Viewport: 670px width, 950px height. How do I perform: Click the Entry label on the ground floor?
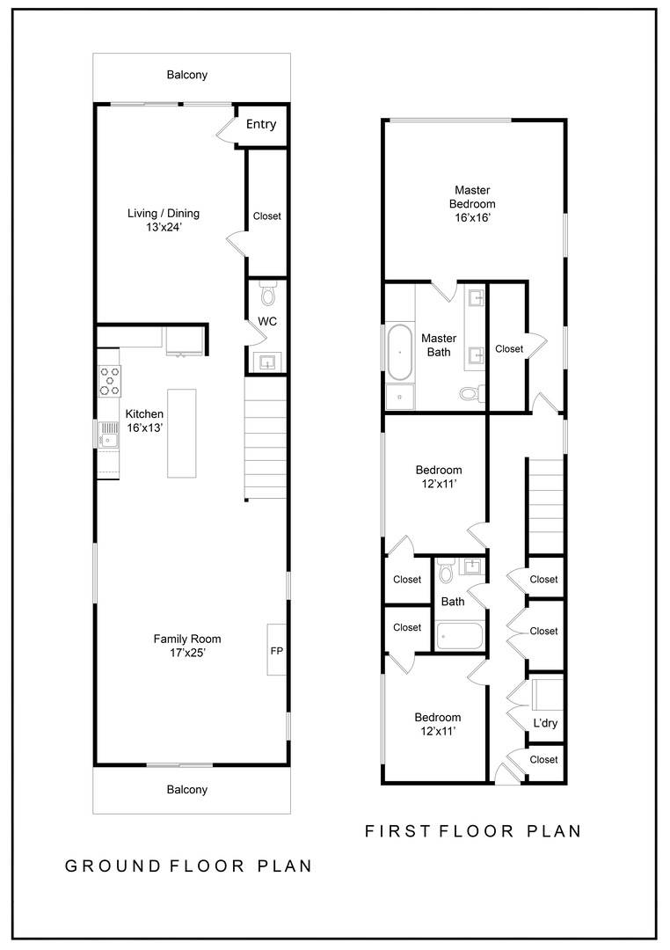[260, 124]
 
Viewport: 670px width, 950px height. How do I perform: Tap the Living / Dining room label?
[164, 213]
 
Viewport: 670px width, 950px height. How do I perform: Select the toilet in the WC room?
[267, 293]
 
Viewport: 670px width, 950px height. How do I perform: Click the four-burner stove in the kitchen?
[109, 381]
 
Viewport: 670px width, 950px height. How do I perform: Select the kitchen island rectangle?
[182, 433]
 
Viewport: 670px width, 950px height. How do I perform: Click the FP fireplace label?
[276, 651]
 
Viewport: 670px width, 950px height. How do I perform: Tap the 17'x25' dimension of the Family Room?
[187, 653]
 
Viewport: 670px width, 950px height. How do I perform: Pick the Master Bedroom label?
[472, 196]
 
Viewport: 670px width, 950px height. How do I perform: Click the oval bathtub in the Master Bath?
[400, 352]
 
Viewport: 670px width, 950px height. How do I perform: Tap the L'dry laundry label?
[545, 724]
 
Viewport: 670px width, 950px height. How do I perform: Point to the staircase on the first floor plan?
[544, 505]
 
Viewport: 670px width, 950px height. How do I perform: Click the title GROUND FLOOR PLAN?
[188, 866]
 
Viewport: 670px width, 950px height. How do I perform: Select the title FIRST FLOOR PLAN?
[473, 830]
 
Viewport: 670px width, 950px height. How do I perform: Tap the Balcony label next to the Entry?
[187, 75]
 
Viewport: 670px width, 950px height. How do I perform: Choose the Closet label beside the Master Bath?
[508, 348]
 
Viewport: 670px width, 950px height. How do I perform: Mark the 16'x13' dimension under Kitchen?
[145, 427]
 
